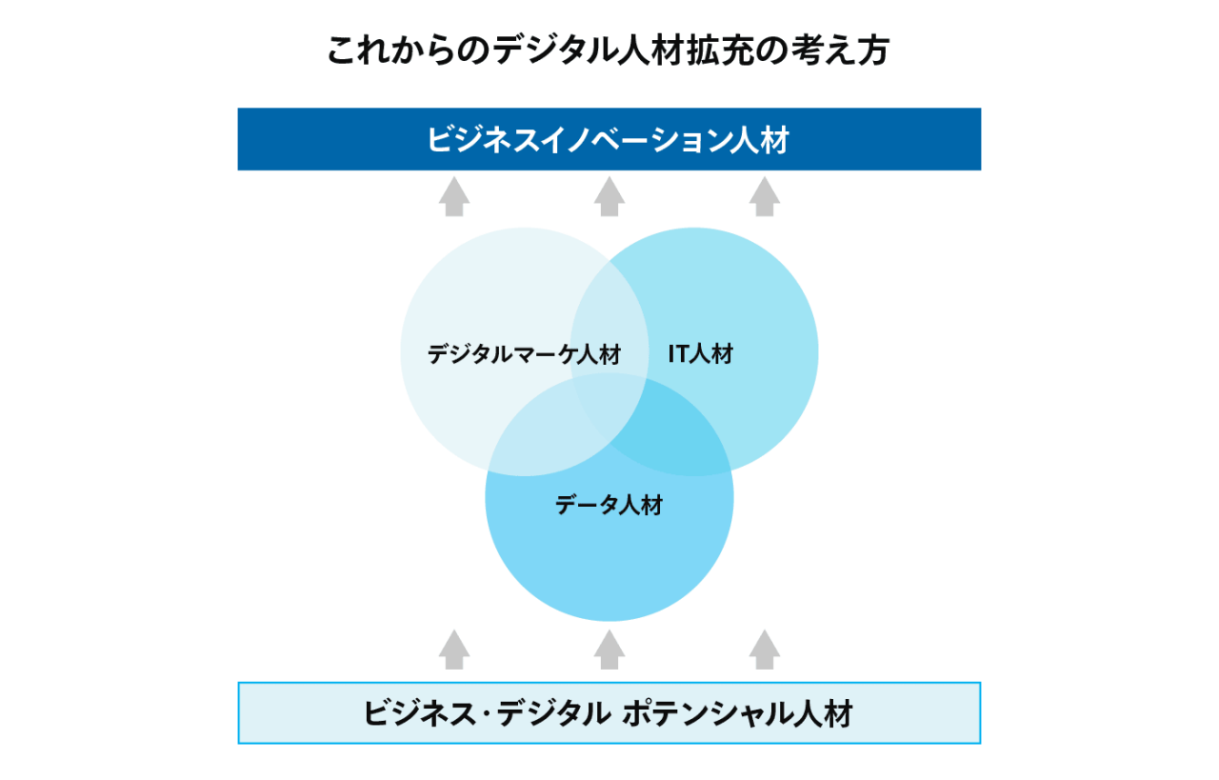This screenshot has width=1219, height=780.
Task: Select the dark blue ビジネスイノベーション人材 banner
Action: (x=609, y=139)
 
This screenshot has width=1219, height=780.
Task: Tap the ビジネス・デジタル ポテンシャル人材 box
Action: (x=609, y=712)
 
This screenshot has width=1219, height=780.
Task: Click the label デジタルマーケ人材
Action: (x=524, y=354)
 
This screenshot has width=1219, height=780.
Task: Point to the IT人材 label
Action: (x=701, y=353)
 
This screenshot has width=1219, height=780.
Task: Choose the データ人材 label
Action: (x=609, y=505)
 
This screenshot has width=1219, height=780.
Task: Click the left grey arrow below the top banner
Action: (x=454, y=196)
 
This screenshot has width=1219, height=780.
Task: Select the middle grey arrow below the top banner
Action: (x=609, y=196)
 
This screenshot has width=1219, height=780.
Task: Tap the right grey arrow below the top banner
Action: (x=764, y=196)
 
